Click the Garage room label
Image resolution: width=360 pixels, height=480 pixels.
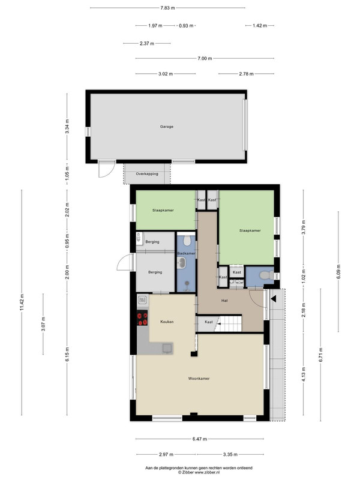pyautogui.click(x=167, y=127)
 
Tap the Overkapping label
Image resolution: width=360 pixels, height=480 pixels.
pyautogui.click(x=147, y=174)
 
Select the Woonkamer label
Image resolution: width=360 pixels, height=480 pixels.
pyautogui.click(x=199, y=379)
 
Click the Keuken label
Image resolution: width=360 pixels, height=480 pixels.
pyautogui.click(x=167, y=322)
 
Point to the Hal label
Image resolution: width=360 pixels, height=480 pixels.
pyautogui.click(x=224, y=301)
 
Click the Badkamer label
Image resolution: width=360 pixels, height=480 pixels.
pyautogui.click(x=186, y=253)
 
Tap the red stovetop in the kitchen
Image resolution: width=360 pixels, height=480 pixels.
pyautogui.click(x=142, y=318)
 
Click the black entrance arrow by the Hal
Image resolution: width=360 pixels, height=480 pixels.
pyautogui.click(x=274, y=298)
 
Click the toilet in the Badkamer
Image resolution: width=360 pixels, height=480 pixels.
pyautogui.click(x=187, y=241)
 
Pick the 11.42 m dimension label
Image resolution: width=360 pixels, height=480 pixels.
pyautogui.click(x=22, y=302)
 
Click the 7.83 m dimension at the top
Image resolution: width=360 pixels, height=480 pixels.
pyautogui.click(x=167, y=8)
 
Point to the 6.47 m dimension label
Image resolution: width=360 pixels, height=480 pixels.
pyautogui.click(x=200, y=439)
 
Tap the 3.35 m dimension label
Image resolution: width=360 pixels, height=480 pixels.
pyautogui.click(x=230, y=455)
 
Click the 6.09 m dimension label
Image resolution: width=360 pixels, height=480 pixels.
pyautogui.click(x=338, y=272)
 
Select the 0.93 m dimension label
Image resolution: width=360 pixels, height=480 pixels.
pyautogui.click(x=186, y=26)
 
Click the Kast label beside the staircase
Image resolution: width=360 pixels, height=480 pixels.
pyautogui.click(x=209, y=322)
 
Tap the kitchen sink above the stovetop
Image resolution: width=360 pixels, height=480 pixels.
pyautogui.click(x=143, y=299)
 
